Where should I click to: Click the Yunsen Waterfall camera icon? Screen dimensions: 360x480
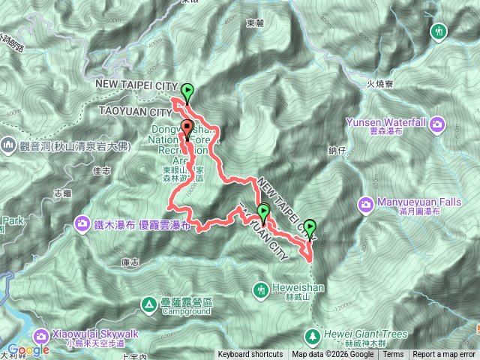point(439,123)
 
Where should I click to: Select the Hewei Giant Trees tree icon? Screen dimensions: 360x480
point(311,334)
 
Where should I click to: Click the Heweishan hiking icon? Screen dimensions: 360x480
point(261,289)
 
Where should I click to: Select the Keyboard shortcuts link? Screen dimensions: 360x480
point(250,355)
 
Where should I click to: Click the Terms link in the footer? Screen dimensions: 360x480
point(393,355)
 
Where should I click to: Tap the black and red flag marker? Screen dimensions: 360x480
point(187,130)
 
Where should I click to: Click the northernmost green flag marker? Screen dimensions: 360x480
point(187,93)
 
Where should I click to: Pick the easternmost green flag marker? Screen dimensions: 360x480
point(310,227)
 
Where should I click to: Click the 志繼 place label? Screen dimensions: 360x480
point(64,193)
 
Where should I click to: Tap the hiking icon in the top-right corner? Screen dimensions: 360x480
point(439,31)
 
